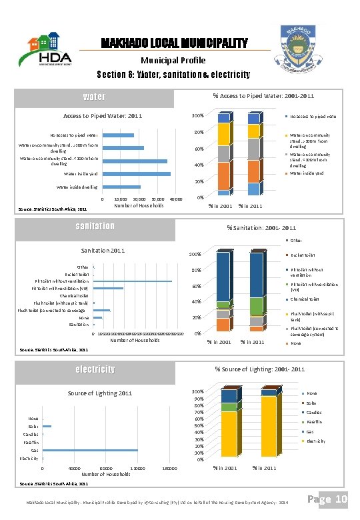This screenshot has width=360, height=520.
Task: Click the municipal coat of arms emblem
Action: (303, 50)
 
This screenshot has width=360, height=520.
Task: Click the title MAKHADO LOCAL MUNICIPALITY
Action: (174, 44)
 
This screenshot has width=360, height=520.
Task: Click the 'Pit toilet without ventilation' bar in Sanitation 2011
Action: (133, 281)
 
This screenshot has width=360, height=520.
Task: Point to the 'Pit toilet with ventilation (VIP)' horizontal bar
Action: (109, 289)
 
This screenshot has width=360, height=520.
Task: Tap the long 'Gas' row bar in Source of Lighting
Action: (89, 450)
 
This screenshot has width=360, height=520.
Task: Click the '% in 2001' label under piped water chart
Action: (221, 205)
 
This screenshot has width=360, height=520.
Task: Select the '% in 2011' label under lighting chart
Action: (265, 468)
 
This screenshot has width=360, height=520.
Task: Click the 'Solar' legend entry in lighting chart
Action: (311, 403)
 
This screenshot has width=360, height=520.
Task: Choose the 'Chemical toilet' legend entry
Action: (304, 299)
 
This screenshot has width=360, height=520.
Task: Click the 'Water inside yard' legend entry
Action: (306, 173)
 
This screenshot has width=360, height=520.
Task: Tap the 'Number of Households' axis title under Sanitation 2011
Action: (135, 340)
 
